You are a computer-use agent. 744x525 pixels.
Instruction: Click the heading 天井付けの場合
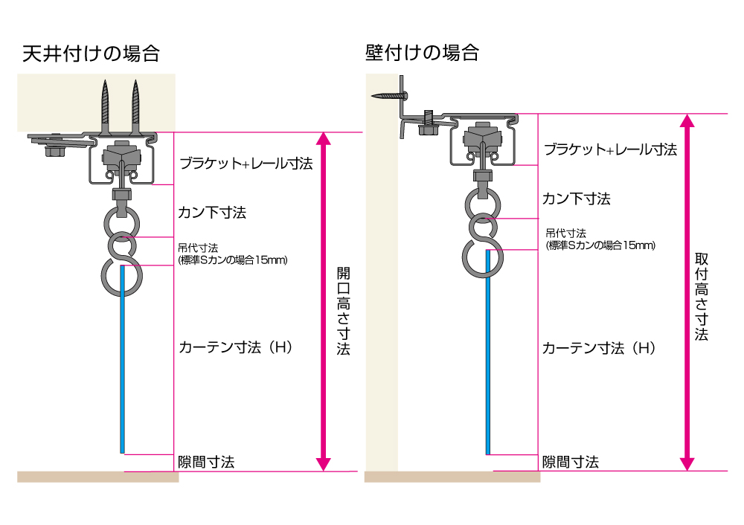coord(91,54)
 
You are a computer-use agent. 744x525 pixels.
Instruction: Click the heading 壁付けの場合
coord(422,52)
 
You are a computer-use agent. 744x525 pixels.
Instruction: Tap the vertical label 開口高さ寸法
coord(343,311)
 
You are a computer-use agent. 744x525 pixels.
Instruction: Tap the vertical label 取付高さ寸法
coord(702,297)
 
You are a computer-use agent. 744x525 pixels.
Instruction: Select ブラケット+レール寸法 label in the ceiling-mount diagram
coord(246,164)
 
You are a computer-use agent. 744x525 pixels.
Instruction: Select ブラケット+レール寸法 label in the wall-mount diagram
coord(610,149)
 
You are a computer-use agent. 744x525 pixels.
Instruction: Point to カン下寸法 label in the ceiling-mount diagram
coord(212,213)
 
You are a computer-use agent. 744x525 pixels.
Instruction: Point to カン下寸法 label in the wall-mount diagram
coord(577,199)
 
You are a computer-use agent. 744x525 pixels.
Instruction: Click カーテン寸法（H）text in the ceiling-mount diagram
coord(235,347)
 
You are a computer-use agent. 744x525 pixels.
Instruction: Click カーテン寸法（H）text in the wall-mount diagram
coord(599,348)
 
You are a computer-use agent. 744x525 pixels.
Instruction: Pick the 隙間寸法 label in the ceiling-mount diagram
coord(206,462)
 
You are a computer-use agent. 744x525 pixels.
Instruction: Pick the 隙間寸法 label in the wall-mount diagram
coord(571,462)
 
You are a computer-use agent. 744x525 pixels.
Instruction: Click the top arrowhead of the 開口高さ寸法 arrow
coord(324,138)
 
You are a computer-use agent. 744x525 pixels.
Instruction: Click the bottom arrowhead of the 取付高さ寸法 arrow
coord(687,464)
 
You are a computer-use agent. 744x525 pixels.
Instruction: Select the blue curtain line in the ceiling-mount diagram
coord(123,359)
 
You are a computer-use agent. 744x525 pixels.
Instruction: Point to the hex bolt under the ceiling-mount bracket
coord(54,151)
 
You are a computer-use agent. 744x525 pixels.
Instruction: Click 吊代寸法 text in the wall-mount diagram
coord(566,233)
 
